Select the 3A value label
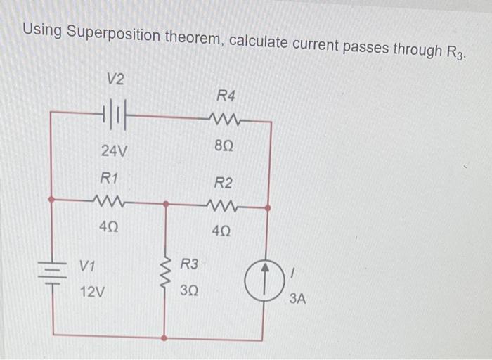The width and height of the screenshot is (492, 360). [297, 299]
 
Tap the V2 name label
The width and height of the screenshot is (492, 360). [115, 79]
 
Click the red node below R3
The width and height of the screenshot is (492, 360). [164, 339]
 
